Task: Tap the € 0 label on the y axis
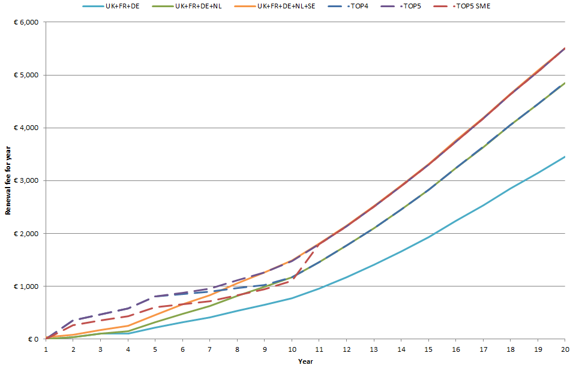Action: pyautogui.click(x=34, y=339)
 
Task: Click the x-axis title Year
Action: pyautogui.click(x=305, y=361)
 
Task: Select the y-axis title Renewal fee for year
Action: pyautogui.click(x=8, y=180)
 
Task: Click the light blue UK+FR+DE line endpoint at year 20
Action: pyautogui.click(x=564, y=156)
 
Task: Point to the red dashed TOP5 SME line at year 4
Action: pyautogui.click(x=128, y=316)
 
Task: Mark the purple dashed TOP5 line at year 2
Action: pyautogui.click(x=73, y=320)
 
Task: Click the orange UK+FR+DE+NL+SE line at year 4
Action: pyautogui.click(x=128, y=326)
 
